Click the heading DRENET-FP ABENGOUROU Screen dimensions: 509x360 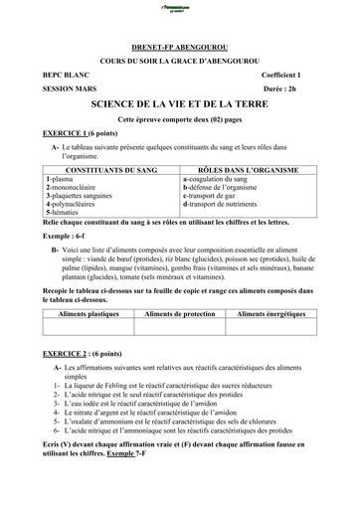(x=180, y=46)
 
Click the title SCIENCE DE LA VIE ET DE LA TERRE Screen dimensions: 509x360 (x=180, y=103)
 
